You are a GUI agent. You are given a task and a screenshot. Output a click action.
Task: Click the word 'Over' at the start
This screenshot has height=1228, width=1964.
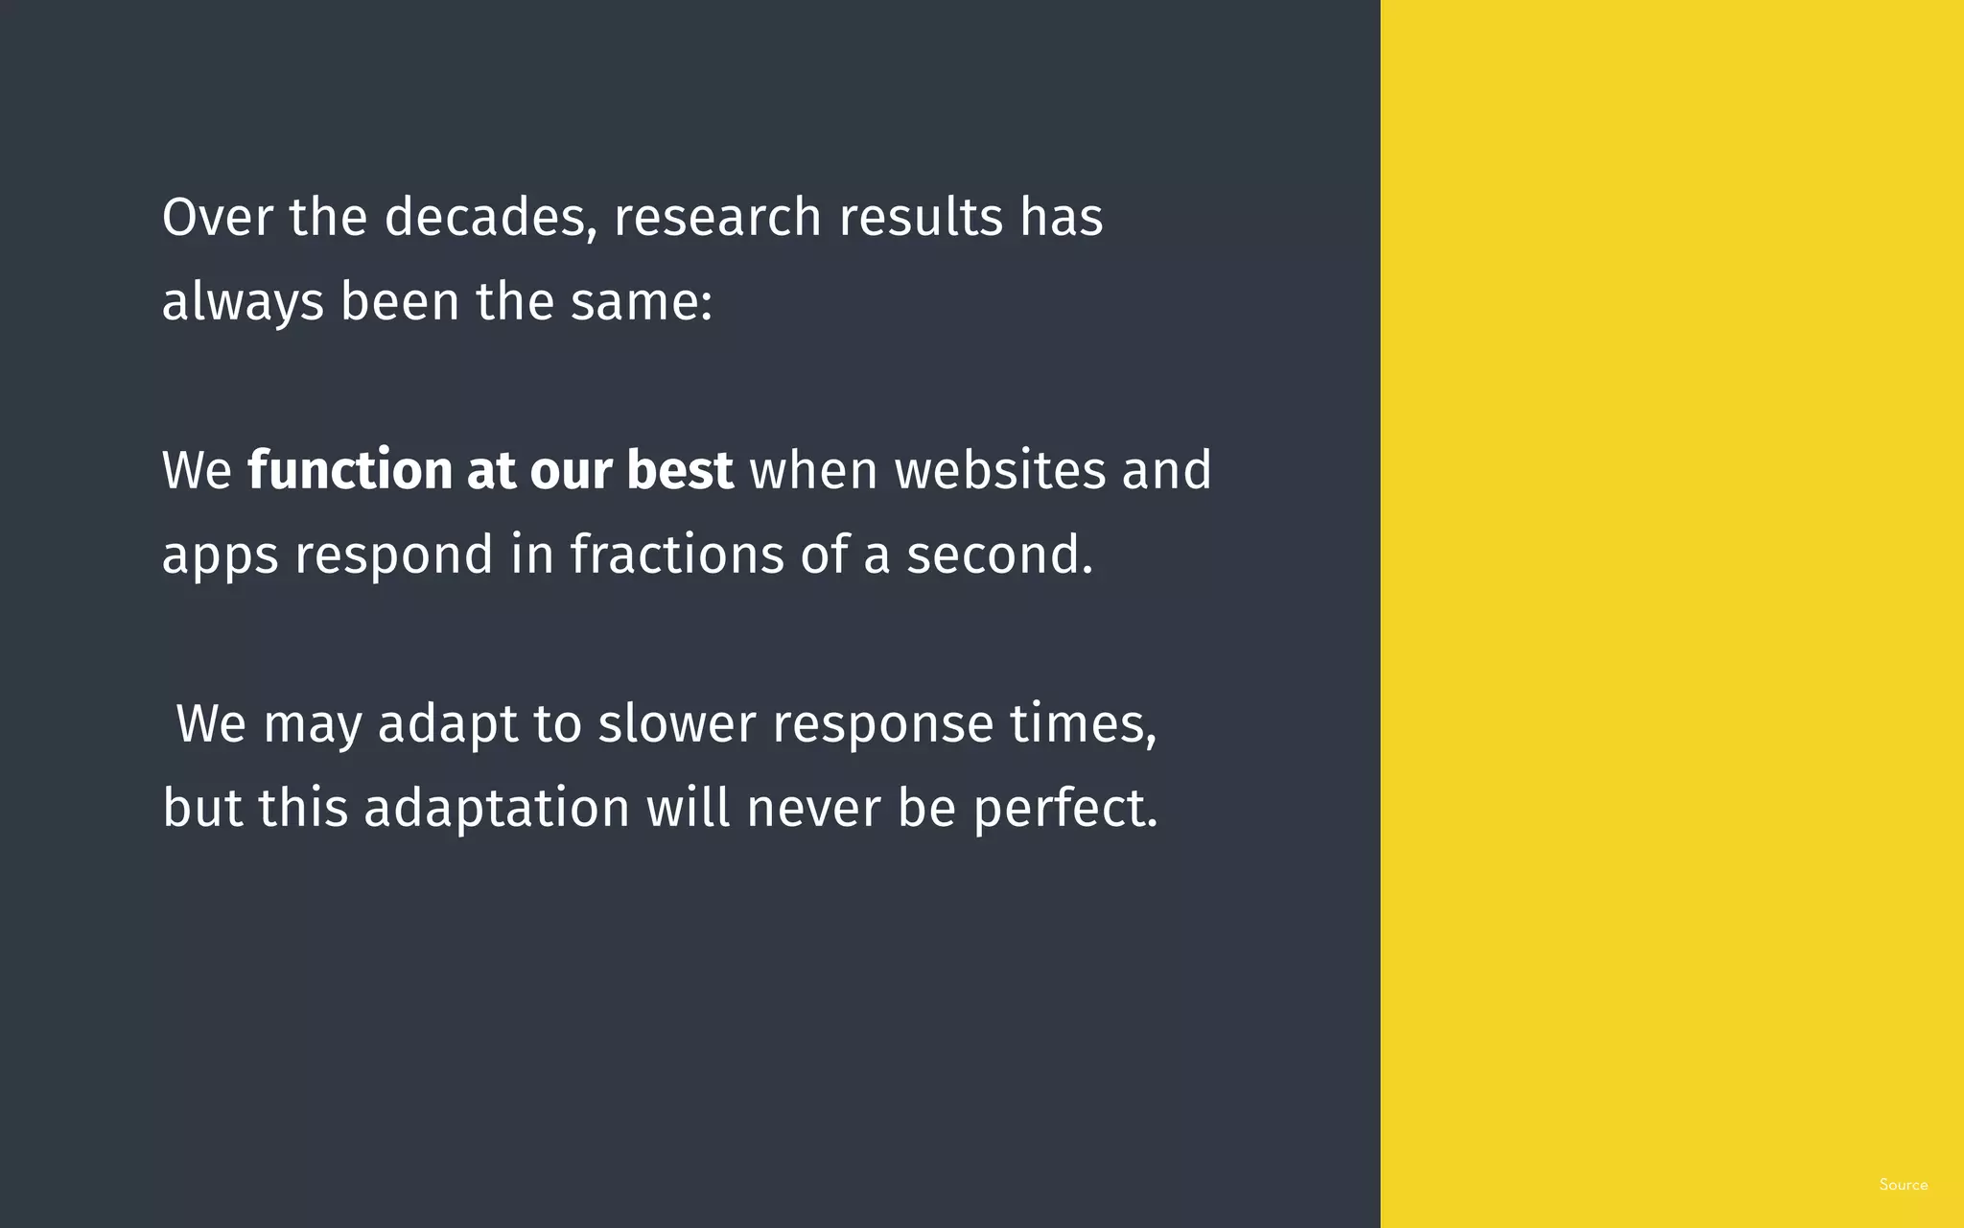[x=218, y=217]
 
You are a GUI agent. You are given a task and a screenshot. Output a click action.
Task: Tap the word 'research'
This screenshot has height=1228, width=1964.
[x=717, y=217]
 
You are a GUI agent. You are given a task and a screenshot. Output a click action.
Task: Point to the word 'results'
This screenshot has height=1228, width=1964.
[x=921, y=217]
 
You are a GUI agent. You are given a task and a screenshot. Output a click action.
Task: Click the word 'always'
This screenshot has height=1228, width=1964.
[x=243, y=302]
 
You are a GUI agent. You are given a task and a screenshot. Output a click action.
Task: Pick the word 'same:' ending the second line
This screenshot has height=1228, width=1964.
[x=642, y=301]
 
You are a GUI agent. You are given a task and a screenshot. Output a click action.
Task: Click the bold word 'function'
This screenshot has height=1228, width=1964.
[x=350, y=470]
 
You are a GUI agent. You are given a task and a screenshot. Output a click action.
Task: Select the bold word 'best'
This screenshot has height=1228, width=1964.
[x=680, y=470]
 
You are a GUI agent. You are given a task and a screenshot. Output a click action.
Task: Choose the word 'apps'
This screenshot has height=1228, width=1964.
[x=220, y=556]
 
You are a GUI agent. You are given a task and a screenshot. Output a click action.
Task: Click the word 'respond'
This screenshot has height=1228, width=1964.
[x=393, y=556]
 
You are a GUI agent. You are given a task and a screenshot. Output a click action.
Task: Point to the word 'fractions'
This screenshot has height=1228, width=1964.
[x=677, y=555]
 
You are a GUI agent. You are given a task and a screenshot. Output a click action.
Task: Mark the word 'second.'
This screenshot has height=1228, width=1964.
[x=1000, y=555]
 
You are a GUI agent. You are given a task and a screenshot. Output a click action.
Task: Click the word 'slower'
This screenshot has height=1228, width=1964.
[x=677, y=723]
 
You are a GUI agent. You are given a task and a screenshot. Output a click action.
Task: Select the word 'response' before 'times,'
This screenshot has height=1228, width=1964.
[x=883, y=725]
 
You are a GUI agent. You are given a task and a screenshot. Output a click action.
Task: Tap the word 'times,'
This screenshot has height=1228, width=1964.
[x=1084, y=723]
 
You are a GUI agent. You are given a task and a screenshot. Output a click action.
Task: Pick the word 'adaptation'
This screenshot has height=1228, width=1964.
[x=497, y=809]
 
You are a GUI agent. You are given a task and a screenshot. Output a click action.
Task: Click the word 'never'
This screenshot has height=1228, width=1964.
[x=813, y=809]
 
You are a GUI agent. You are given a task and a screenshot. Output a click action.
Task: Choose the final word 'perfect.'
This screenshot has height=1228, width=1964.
[x=1066, y=809]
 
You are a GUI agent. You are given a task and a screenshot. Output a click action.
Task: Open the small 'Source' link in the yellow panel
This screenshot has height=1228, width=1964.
[x=1903, y=1185]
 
